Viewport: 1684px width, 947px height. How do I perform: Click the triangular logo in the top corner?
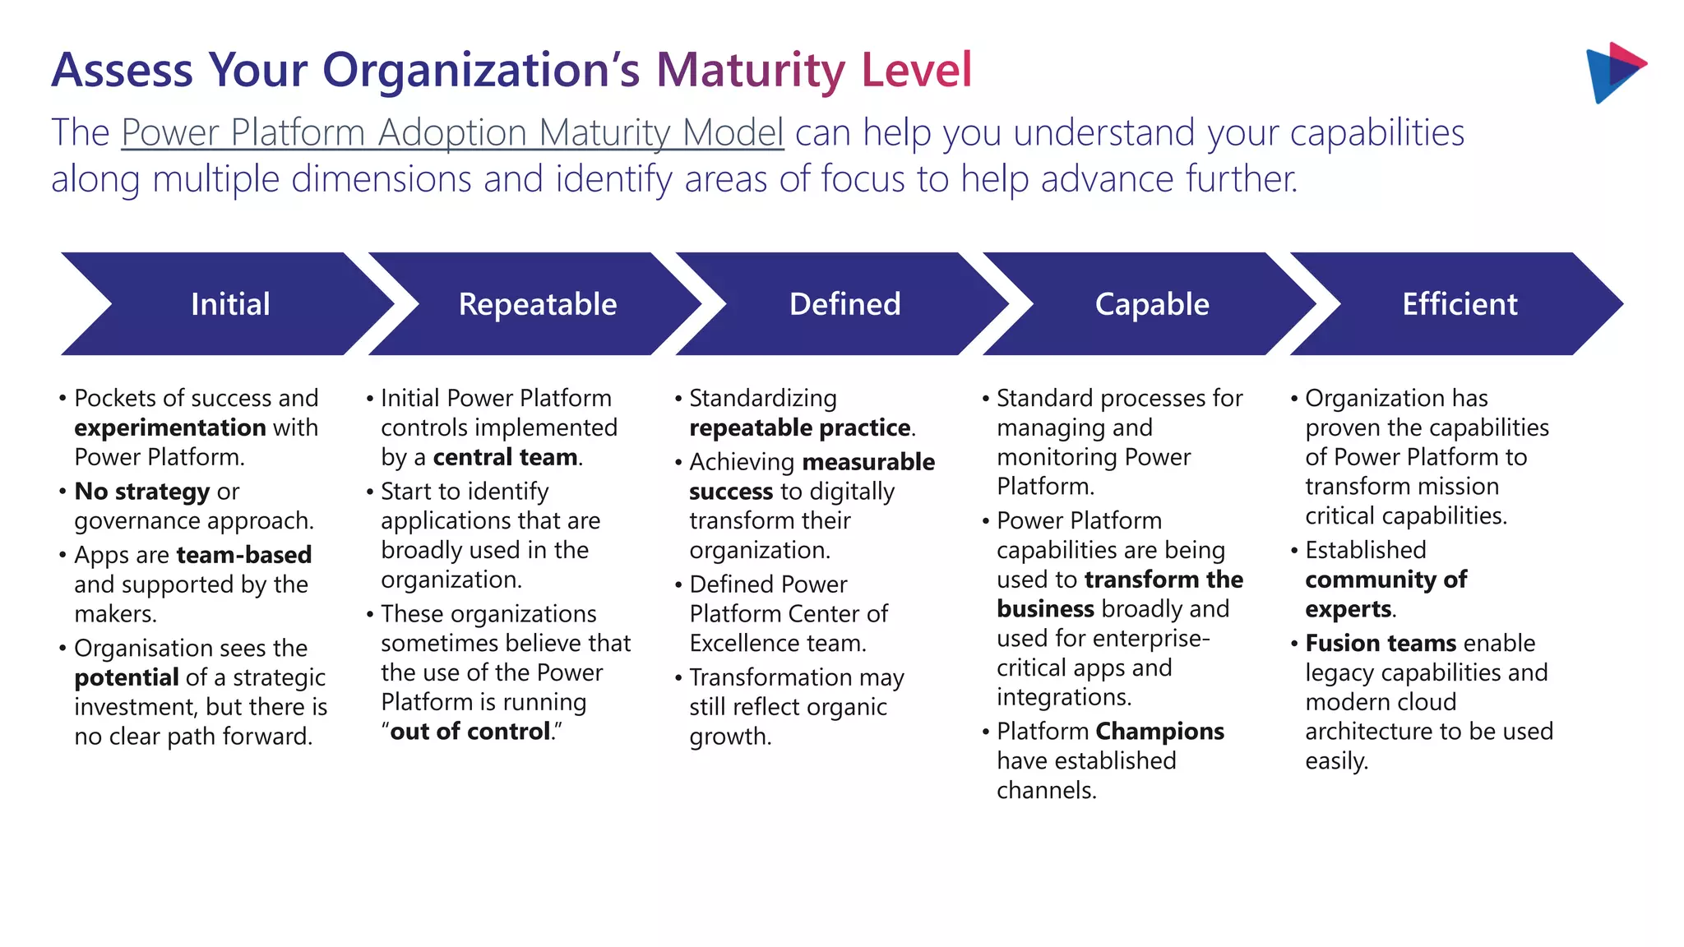click(x=1613, y=72)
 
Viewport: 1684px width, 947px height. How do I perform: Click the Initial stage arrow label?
click(x=230, y=304)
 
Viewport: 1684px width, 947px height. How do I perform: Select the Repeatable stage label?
click(x=538, y=304)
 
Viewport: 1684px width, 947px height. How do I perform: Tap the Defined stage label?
click(x=844, y=304)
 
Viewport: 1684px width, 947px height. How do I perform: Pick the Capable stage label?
click(x=1152, y=304)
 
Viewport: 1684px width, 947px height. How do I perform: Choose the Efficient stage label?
click(x=1460, y=304)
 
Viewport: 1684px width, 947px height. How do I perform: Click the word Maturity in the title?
click(x=751, y=70)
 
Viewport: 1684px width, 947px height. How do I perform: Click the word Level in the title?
click(x=916, y=70)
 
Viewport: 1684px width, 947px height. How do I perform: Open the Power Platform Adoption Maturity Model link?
click(x=452, y=132)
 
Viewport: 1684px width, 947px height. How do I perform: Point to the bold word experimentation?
click(x=170, y=427)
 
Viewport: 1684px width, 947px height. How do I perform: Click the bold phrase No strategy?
click(x=141, y=492)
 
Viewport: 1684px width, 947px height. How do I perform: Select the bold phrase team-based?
click(x=244, y=555)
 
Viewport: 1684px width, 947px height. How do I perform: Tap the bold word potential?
click(x=126, y=677)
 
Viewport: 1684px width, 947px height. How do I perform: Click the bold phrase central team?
click(x=505, y=457)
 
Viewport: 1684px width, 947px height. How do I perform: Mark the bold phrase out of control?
click(x=470, y=732)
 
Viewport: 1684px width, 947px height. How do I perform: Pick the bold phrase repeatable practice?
click(x=799, y=427)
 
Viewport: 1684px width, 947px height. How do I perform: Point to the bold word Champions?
click(x=1159, y=732)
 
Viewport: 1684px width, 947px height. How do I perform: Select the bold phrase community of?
click(x=1386, y=580)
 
